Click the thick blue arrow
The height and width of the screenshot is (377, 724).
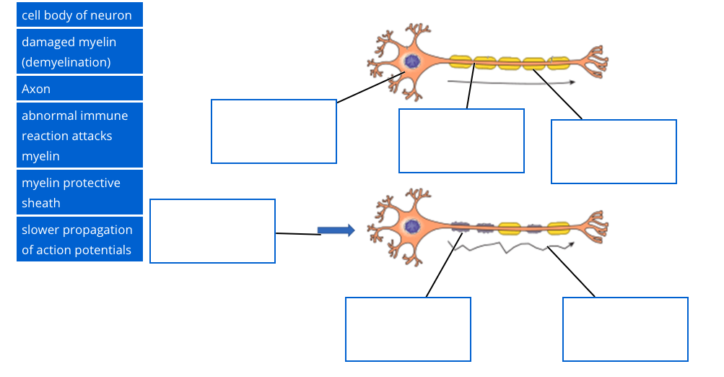click(x=336, y=230)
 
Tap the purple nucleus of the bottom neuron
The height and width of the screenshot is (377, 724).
click(x=411, y=227)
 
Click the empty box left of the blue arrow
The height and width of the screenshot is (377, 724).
click(x=212, y=231)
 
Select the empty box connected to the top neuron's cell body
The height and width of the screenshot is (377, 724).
click(x=274, y=131)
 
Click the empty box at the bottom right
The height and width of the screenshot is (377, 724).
click(x=625, y=329)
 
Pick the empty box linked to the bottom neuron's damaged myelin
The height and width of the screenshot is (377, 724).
click(x=408, y=329)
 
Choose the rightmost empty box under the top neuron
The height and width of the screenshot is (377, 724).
click(x=614, y=152)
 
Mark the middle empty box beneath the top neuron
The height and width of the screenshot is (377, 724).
click(x=461, y=141)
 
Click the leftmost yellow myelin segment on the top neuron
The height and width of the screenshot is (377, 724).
click(x=461, y=62)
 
